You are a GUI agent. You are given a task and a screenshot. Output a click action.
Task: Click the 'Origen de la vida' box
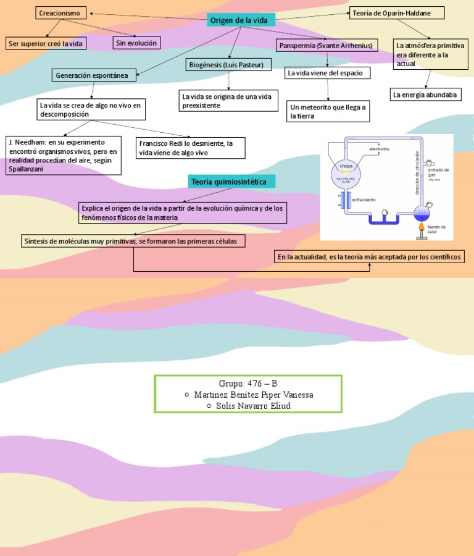coord(239,20)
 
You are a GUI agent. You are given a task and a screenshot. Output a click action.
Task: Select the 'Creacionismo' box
coord(61,13)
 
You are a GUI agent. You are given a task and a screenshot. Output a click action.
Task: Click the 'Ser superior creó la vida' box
coord(45,43)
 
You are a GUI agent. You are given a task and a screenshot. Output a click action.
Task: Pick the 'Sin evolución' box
coord(136,43)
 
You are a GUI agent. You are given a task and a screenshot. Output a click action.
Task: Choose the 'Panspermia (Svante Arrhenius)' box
coord(327,45)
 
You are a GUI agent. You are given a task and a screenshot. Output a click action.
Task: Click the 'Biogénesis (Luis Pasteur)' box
coord(228,64)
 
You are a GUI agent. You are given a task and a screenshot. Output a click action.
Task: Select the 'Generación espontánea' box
coord(93,75)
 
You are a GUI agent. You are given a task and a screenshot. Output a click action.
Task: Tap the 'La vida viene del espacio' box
coord(329,73)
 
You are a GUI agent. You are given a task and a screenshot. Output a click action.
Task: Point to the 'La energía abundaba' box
coord(426,95)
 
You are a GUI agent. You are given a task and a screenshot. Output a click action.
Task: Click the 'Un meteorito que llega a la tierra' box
coord(328,111)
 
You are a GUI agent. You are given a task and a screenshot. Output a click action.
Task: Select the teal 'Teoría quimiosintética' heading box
coord(231,181)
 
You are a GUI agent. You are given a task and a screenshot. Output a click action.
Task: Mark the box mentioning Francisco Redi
coord(189,148)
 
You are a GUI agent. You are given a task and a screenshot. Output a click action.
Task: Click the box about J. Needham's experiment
coord(63,155)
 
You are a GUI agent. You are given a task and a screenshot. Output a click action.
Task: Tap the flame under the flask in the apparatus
coord(422,227)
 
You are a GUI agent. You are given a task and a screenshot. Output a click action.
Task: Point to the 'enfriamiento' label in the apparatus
coord(363,200)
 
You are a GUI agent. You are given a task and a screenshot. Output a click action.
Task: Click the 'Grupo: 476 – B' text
coord(248,383)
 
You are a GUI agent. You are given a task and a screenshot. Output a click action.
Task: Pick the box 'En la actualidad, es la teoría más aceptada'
coord(369,256)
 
